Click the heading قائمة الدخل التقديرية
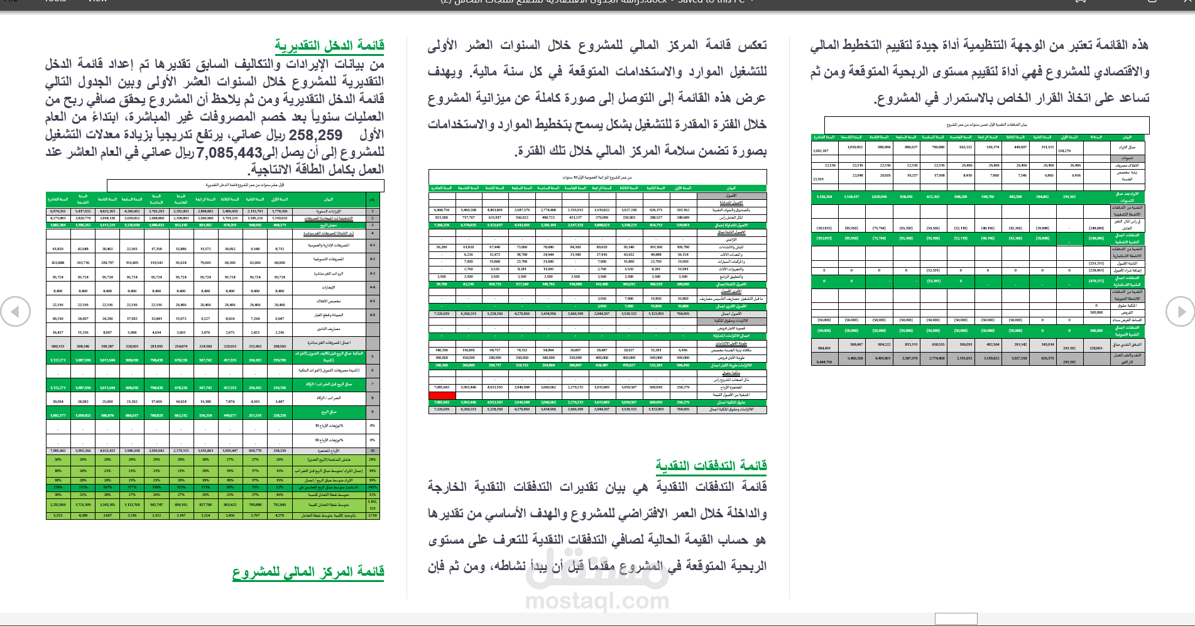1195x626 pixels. click(329, 45)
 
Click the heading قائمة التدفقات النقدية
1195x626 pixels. click(711, 465)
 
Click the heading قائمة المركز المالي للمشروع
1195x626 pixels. click(308, 571)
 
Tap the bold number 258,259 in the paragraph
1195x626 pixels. click(315, 135)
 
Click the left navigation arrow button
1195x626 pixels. click(15, 312)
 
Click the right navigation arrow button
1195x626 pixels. click(1180, 312)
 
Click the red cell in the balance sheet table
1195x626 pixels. click(442, 395)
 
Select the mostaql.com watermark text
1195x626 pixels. click(596, 601)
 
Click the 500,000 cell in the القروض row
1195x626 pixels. click(1096, 312)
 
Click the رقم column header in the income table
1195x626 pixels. click(373, 199)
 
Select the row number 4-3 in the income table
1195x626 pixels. click(373, 273)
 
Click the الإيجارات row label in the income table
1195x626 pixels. click(328, 287)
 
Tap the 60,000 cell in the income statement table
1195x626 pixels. click(280, 263)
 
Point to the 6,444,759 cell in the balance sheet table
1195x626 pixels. click(442, 210)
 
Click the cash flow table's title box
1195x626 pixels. click(986, 125)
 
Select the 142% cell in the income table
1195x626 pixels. click(373, 487)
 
